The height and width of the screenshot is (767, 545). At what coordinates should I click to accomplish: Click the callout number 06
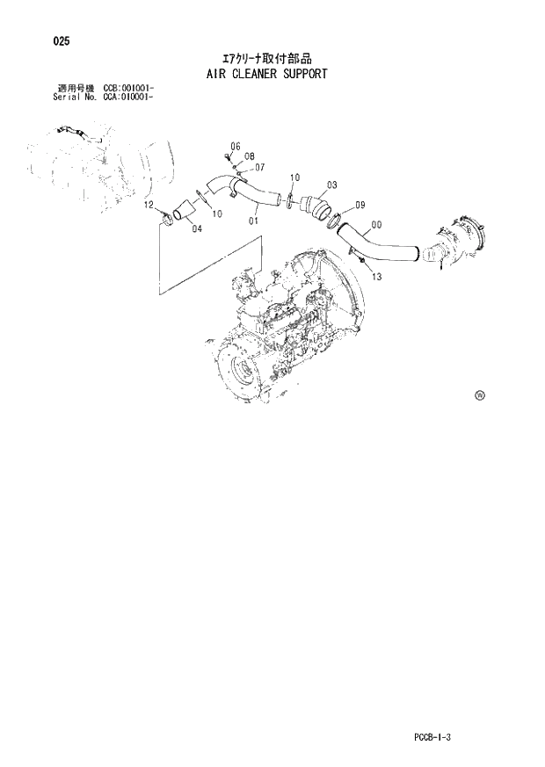[x=236, y=145]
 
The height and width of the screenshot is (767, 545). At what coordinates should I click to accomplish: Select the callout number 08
[x=250, y=156]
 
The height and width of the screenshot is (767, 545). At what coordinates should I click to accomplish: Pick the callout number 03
[x=331, y=185]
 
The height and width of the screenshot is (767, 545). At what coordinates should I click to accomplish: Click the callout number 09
[x=360, y=206]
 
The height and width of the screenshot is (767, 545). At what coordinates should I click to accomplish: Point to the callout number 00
[x=376, y=225]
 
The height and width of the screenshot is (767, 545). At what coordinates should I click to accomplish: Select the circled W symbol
[x=480, y=395]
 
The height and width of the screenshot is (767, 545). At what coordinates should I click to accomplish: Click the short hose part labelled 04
[x=185, y=212]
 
